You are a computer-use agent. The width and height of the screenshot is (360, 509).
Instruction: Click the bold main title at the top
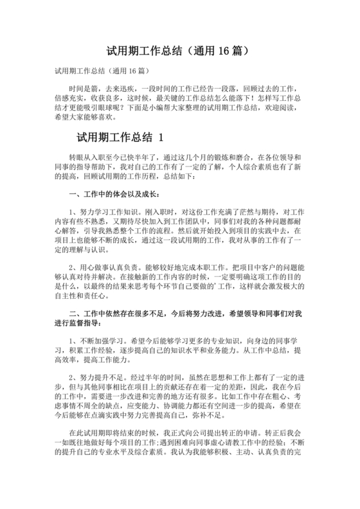click(179, 49)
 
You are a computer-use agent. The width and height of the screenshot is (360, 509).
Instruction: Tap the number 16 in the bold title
click(221, 49)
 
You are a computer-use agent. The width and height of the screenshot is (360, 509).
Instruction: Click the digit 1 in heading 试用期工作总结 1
click(161, 138)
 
